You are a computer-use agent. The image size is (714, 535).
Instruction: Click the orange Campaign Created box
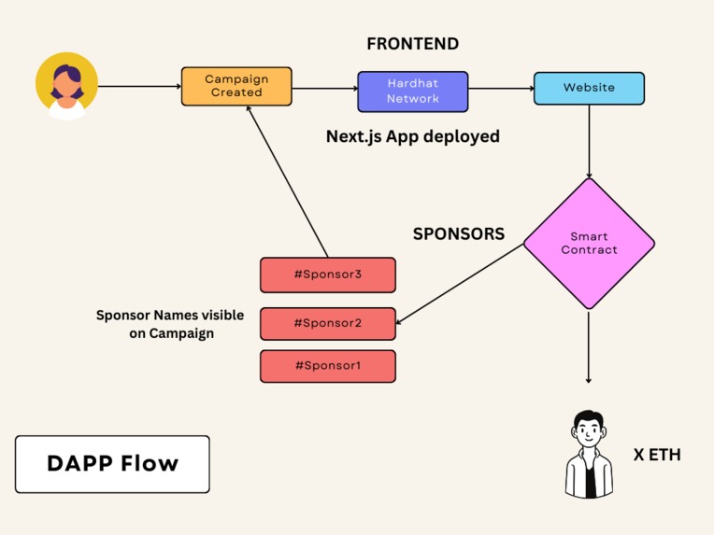(236, 86)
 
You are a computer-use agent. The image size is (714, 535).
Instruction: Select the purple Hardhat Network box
(412, 91)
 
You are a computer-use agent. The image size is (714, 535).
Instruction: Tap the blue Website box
(589, 88)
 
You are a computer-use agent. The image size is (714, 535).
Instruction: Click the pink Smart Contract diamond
(589, 244)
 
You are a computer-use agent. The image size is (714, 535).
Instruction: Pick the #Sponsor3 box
(327, 275)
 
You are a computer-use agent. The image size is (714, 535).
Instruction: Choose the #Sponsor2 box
(327, 323)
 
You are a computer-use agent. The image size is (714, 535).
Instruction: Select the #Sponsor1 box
(327, 366)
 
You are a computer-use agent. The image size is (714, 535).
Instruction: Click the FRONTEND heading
(412, 44)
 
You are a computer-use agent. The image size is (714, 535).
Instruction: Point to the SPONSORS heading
(458, 233)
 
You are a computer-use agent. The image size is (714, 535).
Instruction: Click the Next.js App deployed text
(412, 136)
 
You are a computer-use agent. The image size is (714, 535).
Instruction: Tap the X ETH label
(657, 455)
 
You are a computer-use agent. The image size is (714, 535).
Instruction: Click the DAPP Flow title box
(112, 464)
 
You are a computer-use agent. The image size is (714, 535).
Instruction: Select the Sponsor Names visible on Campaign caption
(170, 324)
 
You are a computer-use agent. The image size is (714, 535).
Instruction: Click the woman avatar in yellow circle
(66, 86)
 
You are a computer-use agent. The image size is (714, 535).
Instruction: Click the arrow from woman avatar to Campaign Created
(139, 87)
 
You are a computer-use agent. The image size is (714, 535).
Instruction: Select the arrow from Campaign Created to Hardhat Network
(324, 90)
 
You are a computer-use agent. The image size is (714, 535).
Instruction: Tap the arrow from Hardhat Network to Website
(500, 90)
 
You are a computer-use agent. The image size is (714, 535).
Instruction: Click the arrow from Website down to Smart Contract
(589, 140)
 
